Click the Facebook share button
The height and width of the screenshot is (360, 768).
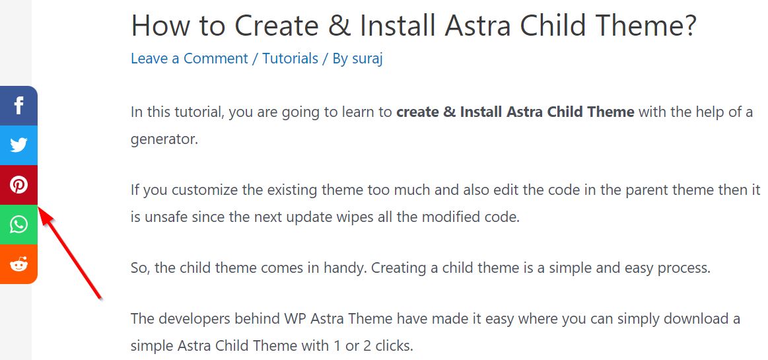(18, 106)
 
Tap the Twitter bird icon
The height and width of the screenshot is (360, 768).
(18, 145)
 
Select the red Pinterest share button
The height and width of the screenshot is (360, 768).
(18, 185)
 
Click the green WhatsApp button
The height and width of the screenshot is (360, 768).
(18, 225)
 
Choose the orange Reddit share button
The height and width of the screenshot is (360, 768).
(18, 264)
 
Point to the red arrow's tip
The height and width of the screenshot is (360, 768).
(39, 207)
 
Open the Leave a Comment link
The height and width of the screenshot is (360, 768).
(190, 59)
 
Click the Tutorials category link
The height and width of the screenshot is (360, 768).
(291, 59)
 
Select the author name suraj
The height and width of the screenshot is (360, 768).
(367, 59)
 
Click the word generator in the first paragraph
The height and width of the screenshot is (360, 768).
(164, 140)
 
